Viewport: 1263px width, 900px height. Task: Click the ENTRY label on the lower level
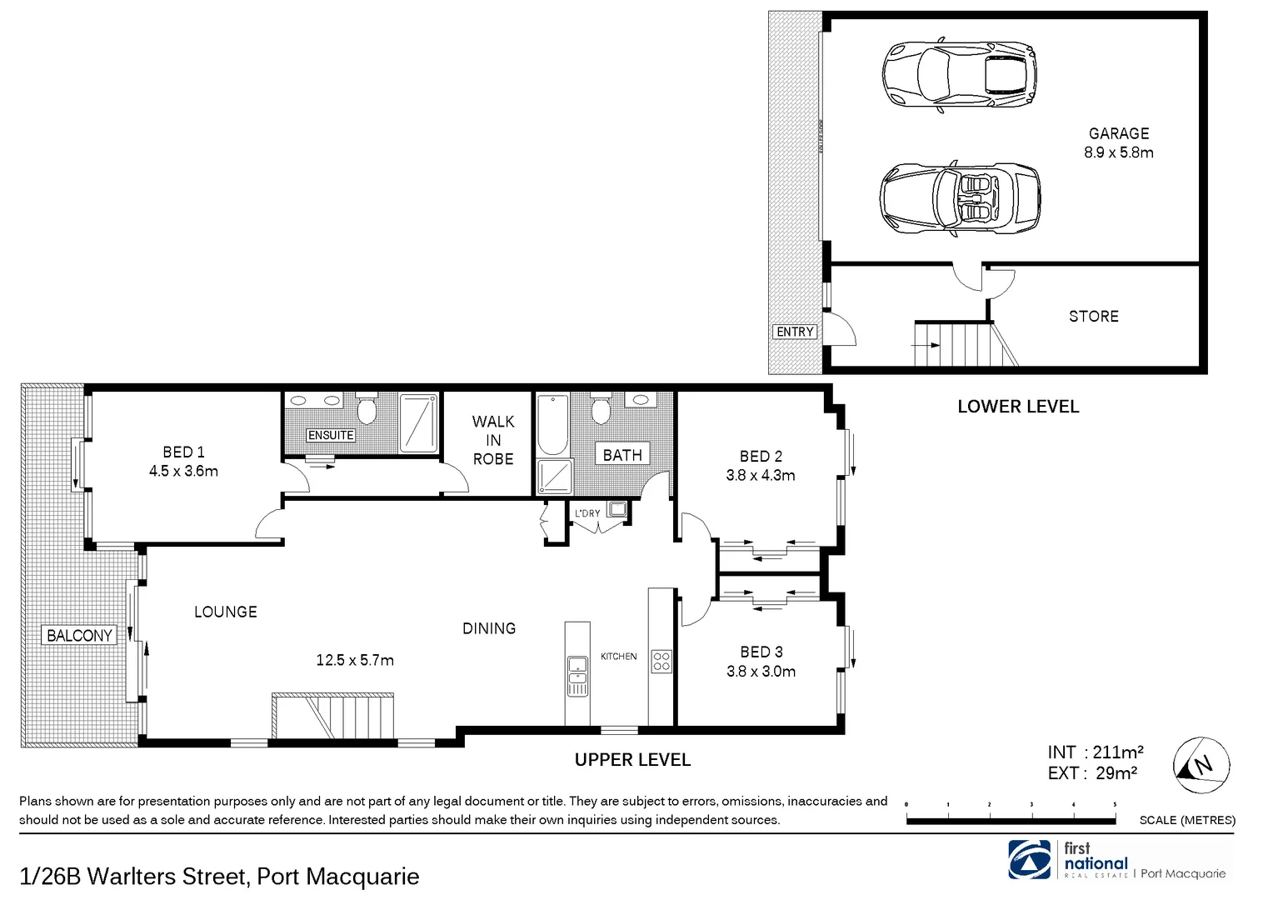[794, 332]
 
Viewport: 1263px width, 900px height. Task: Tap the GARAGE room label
[1118, 133]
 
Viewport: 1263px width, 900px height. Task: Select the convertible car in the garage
[959, 197]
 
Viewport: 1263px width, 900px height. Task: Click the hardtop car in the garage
[959, 74]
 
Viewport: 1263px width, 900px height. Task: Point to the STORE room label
[1093, 317]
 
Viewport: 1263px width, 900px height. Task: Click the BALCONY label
[79, 636]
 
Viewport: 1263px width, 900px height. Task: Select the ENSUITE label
[331, 435]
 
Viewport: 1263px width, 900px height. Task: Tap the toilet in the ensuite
[367, 407]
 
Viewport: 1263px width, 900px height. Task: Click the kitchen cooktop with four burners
[661, 662]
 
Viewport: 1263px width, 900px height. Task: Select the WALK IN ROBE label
[493, 440]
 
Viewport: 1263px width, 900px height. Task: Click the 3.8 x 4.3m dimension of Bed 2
[761, 476]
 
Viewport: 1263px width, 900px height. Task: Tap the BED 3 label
[761, 652]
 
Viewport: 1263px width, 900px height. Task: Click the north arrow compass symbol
[1201, 765]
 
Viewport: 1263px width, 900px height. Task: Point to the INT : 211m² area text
[1095, 752]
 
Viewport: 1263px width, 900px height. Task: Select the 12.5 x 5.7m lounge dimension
[355, 661]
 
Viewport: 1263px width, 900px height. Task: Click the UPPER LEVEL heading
[632, 760]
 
